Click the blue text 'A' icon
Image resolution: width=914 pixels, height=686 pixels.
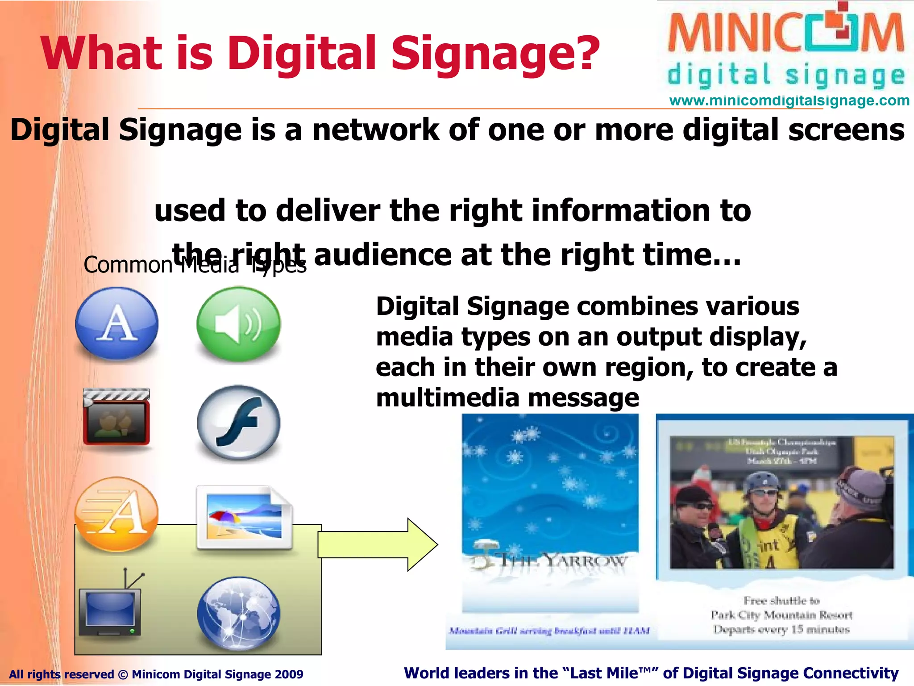click(x=117, y=323)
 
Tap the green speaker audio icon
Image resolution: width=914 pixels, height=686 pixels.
click(x=239, y=323)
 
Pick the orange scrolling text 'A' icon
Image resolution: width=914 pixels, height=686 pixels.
click(x=116, y=514)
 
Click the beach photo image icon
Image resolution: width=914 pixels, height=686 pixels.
click(x=244, y=518)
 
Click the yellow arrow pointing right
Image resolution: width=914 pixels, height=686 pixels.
click(x=377, y=544)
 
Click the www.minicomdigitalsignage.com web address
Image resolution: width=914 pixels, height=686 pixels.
click(x=789, y=100)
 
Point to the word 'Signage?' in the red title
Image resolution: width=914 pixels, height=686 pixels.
click(x=495, y=54)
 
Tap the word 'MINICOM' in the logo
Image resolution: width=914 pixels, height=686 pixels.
click(x=785, y=33)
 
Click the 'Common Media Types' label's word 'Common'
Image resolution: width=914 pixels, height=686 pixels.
click(x=128, y=265)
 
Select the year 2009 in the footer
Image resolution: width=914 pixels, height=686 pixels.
click(x=289, y=674)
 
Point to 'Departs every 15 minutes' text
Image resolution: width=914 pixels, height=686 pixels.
click(x=781, y=629)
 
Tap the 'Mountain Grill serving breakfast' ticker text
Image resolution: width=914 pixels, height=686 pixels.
click(x=549, y=631)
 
